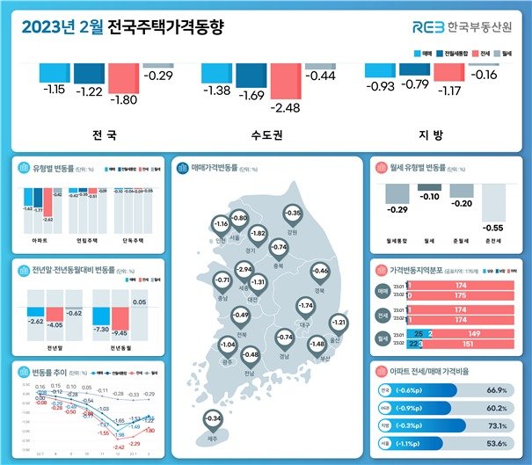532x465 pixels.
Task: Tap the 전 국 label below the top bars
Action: coord(104,136)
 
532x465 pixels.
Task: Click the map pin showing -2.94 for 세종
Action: coord(244,269)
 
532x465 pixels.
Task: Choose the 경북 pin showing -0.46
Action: coord(321,271)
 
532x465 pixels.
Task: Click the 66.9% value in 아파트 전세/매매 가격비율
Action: coord(498,389)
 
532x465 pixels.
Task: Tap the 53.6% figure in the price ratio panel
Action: coord(498,444)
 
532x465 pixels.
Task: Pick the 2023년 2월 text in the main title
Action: coord(58,26)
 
